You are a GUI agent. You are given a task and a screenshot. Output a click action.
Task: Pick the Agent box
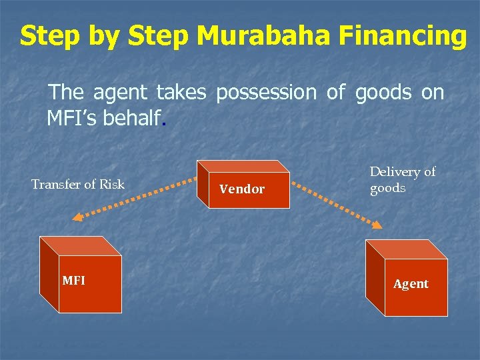coord(407,280)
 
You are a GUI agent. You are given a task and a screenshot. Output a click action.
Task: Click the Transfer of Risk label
coord(77,184)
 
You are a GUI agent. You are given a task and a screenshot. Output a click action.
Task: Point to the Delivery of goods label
coord(402,179)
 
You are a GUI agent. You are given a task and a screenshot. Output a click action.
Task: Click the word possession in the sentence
coord(266,93)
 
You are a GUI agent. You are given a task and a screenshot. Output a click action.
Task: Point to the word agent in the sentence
coord(119,93)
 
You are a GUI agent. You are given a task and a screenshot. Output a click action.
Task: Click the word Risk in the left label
coord(111,184)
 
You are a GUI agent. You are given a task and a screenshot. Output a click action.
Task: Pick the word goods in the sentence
coord(383,93)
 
